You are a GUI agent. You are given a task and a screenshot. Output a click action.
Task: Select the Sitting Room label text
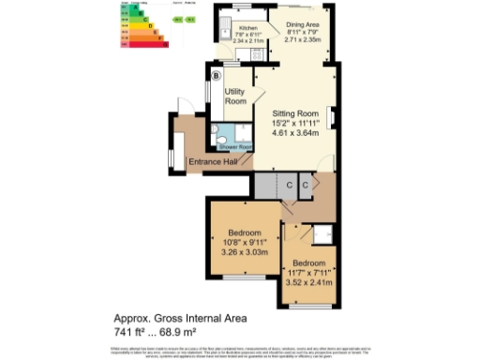click(x=290, y=112)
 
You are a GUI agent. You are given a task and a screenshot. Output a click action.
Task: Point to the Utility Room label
click(x=234, y=96)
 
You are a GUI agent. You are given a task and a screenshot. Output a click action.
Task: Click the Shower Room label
click(x=235, y=147)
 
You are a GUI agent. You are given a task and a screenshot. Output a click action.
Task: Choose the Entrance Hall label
click(x=211, y=162)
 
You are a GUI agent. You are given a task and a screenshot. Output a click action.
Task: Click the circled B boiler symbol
click(x=217, y=76)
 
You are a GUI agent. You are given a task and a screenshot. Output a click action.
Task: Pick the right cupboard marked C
click(x=306, y=187)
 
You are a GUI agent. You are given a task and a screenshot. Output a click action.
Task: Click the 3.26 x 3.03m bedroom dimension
click(x=243, y=251)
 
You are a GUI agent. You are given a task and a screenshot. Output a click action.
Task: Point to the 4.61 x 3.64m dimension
click(x=290, y=134)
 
